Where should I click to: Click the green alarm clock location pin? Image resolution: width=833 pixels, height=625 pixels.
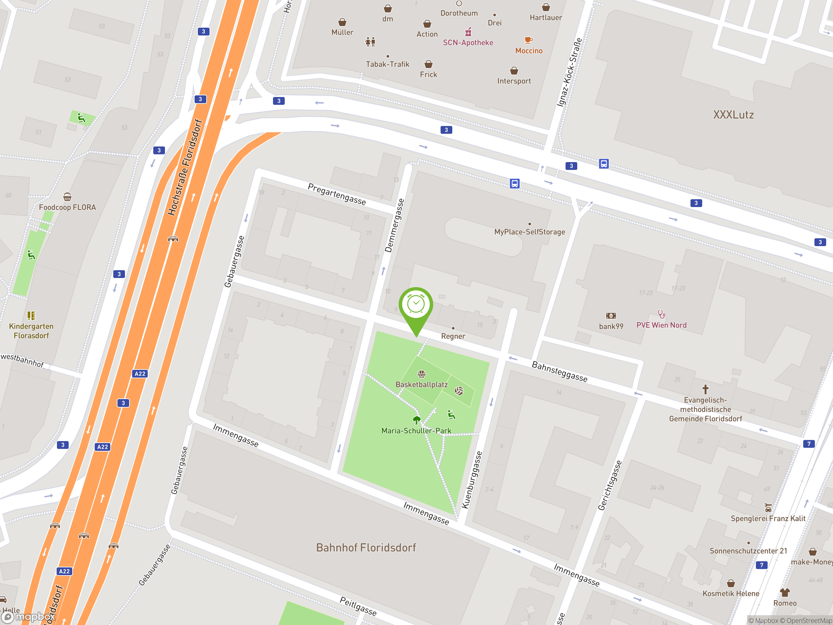pyautogui.click(x=416, y=305)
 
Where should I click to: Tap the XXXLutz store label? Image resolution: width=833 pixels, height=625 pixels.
pyautogui.click(x=733, y=115)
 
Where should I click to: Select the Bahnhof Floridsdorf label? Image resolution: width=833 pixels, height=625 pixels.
pyautogui.click(x=366, y=548)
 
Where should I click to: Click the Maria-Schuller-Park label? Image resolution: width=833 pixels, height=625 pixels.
pyautogui.click(x=416, y=431)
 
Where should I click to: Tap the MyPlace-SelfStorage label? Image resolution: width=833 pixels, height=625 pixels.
pyautogui.click(x=529, y=232)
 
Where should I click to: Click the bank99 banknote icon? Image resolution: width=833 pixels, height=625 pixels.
pyautogui.click(x=611, y=316)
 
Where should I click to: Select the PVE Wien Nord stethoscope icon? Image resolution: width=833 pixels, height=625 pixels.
pyautogui.click(x=661, y=314)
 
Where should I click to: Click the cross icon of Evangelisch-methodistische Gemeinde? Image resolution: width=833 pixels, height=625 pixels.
pyautogui.click(x=705, y=389)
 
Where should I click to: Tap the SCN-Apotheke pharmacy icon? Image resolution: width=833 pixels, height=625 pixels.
pyautogui.click(x=468, y=32)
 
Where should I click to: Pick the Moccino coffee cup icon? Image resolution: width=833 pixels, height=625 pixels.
pyautogui.click(x=529, y=40)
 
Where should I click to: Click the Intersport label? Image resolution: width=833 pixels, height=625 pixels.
pyautogui.click(x=514, y=81)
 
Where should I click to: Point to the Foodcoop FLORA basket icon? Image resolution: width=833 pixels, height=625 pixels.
pyautogui.click(x=67, y=197)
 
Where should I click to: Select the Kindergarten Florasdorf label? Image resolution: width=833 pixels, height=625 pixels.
pyautogui.click(x=31, y=331)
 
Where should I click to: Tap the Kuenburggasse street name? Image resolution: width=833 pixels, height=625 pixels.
pyautogui.click(x=472, y=480)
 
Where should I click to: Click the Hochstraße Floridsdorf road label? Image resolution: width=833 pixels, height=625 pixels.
pyautogui.click(x=185, y=167)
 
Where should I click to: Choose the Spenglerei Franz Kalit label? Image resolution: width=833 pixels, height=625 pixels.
pyautogui.click(x=768, y=518)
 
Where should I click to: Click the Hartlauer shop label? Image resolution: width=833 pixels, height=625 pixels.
pyautogui.click(x=546, y=17)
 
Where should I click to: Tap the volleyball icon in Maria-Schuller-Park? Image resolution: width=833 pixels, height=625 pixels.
pyautogui.click(x=459, y=391)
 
